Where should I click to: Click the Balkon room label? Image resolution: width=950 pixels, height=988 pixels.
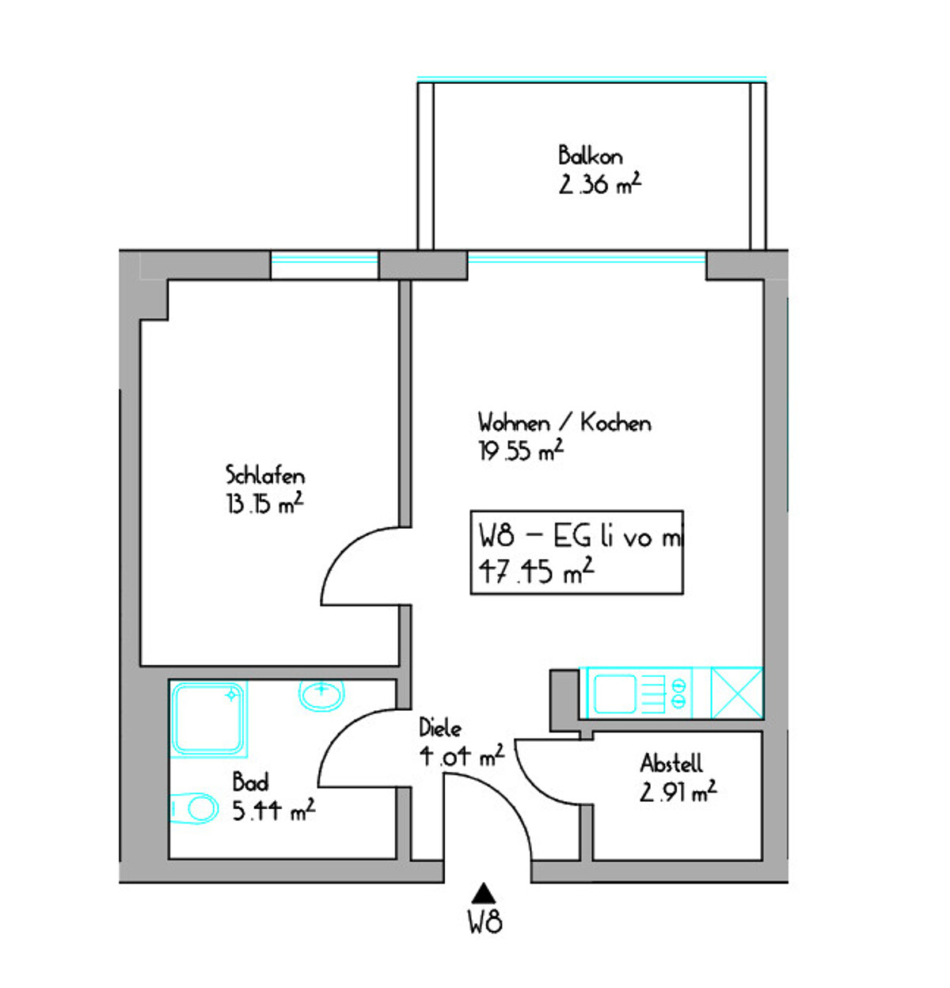(x=590, y=155)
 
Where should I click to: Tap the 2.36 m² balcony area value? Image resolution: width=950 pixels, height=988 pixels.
(x=599, y=184)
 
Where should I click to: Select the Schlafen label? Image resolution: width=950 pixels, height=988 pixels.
(x=265, y=475)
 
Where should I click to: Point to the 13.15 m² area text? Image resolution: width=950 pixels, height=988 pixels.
(x=265, y=503)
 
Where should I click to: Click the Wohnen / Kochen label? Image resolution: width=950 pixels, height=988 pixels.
(x=564, y=423)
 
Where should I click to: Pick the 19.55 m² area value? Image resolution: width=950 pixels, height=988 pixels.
(x=520, y=450)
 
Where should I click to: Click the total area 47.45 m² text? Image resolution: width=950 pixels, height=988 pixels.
(x=536, y=571)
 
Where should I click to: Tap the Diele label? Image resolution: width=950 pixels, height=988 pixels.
(x=440, y=728)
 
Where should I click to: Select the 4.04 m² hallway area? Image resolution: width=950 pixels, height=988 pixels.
(x=462, y=756)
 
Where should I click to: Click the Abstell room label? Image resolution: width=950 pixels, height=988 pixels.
(x=671, y=763)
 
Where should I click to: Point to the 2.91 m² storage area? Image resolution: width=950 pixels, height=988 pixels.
(x=678, y=792)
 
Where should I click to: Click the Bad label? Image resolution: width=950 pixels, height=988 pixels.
(x=250, y=782)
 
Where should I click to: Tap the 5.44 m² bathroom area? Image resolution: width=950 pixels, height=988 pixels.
(x=274, y=811)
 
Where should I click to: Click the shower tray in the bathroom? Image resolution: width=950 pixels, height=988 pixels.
(x=209, y=718)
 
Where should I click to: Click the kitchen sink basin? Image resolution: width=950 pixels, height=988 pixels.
(x=614, y=693)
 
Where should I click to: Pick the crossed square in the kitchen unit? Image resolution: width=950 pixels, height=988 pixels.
(x=737, y=693)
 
